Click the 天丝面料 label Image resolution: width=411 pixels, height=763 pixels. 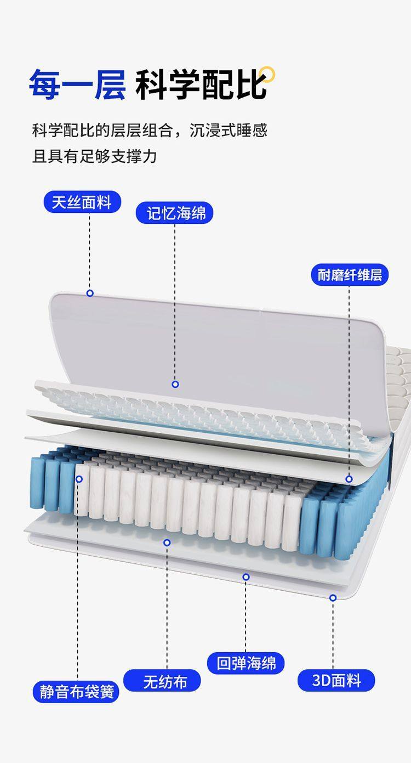click(82, 202)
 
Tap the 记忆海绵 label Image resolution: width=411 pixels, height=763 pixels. click(174, 213)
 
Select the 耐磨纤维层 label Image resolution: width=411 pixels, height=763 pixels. click(350, 274)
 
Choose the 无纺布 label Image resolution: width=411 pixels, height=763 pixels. click(162, 681)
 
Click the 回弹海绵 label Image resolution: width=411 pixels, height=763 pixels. click(246, 663)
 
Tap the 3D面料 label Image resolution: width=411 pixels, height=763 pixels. click(336, 680)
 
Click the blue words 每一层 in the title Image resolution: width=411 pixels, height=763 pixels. click(77, 84)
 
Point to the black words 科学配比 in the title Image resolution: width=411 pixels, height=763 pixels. click(201, 84)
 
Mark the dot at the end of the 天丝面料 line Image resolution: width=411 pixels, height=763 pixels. click(90, 293)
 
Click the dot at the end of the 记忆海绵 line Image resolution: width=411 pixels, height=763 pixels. click(175, 384)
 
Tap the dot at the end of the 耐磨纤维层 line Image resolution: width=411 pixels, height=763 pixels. click(349, 479)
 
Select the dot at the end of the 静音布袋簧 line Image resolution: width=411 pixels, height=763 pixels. click(79, 479)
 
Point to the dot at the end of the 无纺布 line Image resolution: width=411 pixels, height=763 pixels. click(167, 542)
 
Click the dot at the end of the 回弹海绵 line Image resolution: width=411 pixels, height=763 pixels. click(246, 577)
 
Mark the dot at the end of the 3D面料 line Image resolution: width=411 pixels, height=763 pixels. click(333, 597)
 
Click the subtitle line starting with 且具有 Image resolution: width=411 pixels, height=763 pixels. click(94, 156)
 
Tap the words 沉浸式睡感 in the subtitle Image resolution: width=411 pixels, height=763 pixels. click(229, 131)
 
